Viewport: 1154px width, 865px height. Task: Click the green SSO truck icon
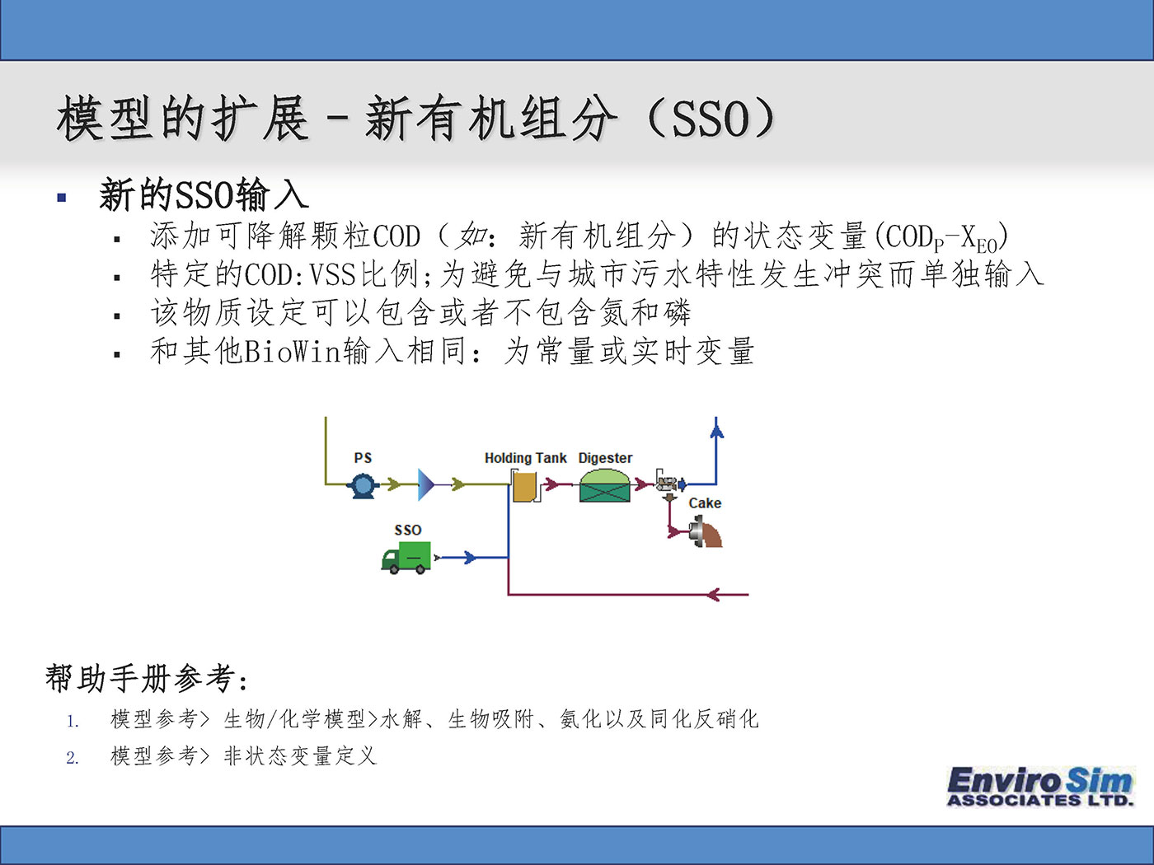pyautogui.click(x=406, y=558)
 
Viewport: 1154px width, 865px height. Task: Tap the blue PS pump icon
pyautogui.click(x=363, y=485)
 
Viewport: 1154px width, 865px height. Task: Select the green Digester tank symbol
pyautogui.click(x=604, y=485)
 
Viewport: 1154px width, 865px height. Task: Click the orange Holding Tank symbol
pyautogui.click(x=526, y=486)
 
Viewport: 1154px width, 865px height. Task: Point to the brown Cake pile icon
pyautogui.click(x=706, y=531)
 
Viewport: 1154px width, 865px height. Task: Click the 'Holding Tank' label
pyautogui.click(x=525, y=459)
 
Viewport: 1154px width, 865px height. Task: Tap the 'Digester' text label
pyautogui.click(x=605, y=459)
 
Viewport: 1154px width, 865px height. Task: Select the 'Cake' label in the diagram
pyautogui.click(x=705, y=503)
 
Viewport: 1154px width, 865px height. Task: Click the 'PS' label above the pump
pyautogui.click(x=363, y=458)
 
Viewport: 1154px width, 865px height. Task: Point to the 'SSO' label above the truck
pyautogui.click(x=408, y=530)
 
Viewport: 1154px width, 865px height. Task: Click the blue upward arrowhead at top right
pyautogui.click(x=716, y=431)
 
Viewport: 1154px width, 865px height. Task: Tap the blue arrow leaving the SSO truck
pyautogui.click(x=470, y=557)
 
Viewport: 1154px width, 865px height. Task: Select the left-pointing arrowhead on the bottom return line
pyautogui.click(x=714, y=595)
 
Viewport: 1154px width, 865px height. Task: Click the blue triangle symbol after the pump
pyautogui.click(x=426, y=484)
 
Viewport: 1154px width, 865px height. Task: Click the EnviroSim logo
pyautogui.click(x=1040, y=786)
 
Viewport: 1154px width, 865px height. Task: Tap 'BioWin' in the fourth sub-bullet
pyautogui.click(x=293, y=352)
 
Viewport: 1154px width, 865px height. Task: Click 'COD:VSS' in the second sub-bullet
pyautogui.click(x=300, y=274)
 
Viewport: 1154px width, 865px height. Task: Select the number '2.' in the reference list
pyautogui.click(x=73, y=758)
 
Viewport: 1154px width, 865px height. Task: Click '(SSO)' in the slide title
pyautogui.click(x=711, y=119)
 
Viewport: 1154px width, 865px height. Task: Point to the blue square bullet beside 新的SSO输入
pyautogui.click(x=62, y=198)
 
